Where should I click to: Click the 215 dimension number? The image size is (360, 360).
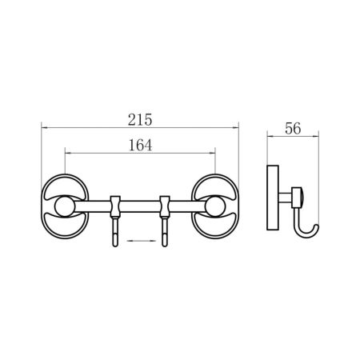pyautogui.click(x=140, y=120)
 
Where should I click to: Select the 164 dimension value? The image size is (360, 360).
pyautogui.click(x=140, y=146)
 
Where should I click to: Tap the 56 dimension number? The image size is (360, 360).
pyautogui.click(x=293, y=128)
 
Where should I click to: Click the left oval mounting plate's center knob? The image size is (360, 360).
pyautogui.click(x=65, y=206)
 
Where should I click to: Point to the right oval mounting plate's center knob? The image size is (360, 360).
pyautogui.click(x=215, y=206)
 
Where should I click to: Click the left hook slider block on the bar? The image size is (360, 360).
pyautogui.click(x=115, y=206)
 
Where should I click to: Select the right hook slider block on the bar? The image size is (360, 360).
pyautogui.click(x=165, y=206)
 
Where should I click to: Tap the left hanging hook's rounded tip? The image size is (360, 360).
pyautogui.click(x=115, y=244)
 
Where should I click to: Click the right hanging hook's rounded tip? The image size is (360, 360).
pyautogui.click(x=165, y=244)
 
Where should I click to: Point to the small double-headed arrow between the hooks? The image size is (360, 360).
pyautogui.click(x=142, y=241)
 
